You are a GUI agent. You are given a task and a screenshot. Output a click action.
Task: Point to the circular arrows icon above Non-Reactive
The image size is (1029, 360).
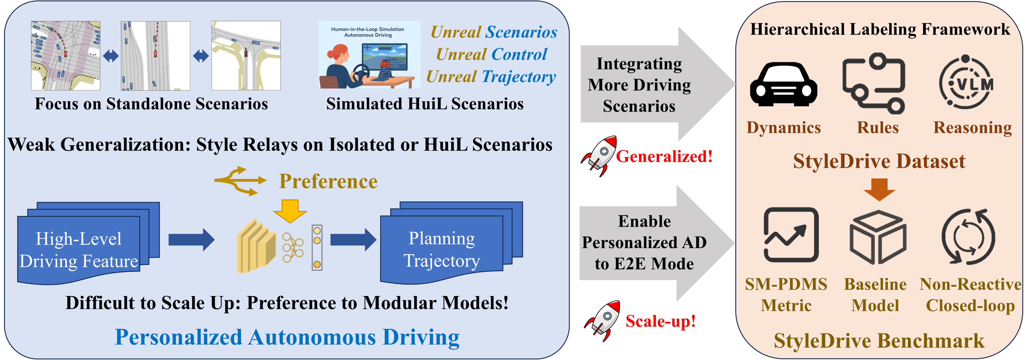968,236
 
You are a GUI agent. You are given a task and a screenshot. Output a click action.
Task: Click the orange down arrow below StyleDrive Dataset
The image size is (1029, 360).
879,189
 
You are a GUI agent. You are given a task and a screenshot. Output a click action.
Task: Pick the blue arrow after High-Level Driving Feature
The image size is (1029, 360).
191,240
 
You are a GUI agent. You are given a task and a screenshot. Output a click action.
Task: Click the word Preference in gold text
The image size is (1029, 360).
328,181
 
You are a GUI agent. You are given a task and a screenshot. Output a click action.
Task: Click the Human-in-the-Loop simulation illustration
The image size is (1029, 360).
369,55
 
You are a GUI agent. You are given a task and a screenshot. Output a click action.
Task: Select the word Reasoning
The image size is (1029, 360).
972,128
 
